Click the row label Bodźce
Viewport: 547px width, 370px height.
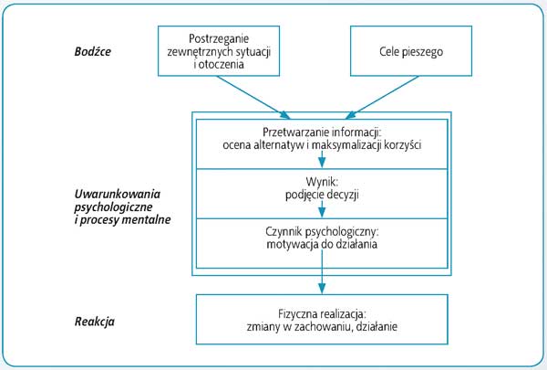click(x=92, y=52)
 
